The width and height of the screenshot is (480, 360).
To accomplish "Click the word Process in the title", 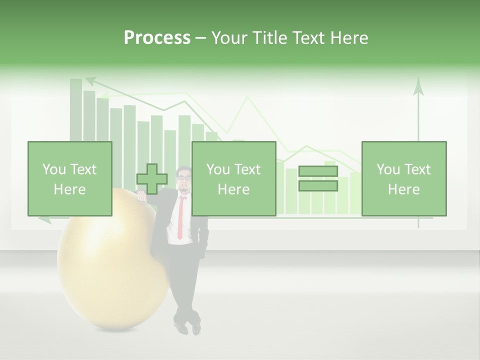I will (x=157, y=37).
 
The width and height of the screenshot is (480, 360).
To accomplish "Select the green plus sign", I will (x=152, y=179).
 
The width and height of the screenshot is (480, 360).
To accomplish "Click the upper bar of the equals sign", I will (x=318, y=171).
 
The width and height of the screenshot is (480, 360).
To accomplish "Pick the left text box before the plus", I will (x=69, y=178).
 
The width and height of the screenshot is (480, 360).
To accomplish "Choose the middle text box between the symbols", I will (x=233, y=178).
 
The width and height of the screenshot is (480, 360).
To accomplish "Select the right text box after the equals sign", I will (x=403, y=178).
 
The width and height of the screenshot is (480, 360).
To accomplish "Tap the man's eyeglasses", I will (x=184, y=177).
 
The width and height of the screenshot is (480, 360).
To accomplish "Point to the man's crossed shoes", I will (x=187, y=327).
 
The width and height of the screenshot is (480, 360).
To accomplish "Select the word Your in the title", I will (x=230, y=37).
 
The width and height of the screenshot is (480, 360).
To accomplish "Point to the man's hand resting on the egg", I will (x=142, y=197).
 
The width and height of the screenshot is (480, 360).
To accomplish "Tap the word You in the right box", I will (x=388, y=169).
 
